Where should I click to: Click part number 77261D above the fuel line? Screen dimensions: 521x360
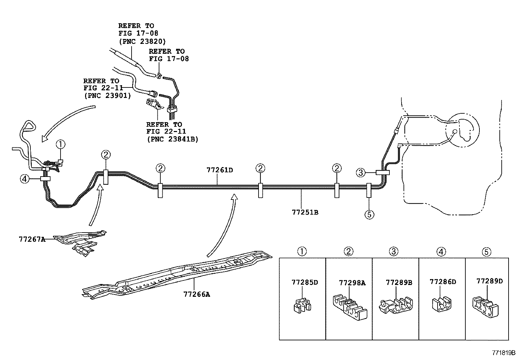[x=220, y=170]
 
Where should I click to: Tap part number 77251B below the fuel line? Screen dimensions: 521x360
[x=305, y=212]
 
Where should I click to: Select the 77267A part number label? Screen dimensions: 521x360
[x=32, y=239]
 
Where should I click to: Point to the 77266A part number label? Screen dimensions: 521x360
[x=197, y=294]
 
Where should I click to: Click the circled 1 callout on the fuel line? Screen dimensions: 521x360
[x=61, y=144]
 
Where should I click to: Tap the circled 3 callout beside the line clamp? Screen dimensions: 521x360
[x=361, y=173]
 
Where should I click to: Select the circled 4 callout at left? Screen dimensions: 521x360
[x=25, y=179]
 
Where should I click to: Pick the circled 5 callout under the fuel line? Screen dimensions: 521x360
[x=369, y=215]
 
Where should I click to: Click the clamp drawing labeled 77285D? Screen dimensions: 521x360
[x=302, y=305]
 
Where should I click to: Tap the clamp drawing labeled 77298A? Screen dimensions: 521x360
[x=350, y=307]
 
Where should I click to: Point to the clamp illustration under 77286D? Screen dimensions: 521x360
[x=441, y=304]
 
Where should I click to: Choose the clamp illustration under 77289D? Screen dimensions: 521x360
[x=485, y=307]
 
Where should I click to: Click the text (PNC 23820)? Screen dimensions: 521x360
[x=142, y=42]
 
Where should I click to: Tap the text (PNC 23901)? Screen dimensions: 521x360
[x=107, y=95]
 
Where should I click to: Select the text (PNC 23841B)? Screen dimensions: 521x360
[x=172, y=139]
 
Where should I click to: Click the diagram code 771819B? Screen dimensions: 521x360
[x=504, y=353]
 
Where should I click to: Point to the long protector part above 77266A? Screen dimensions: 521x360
[x=177, y=275]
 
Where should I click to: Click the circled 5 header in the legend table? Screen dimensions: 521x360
[x=487, y=252]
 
